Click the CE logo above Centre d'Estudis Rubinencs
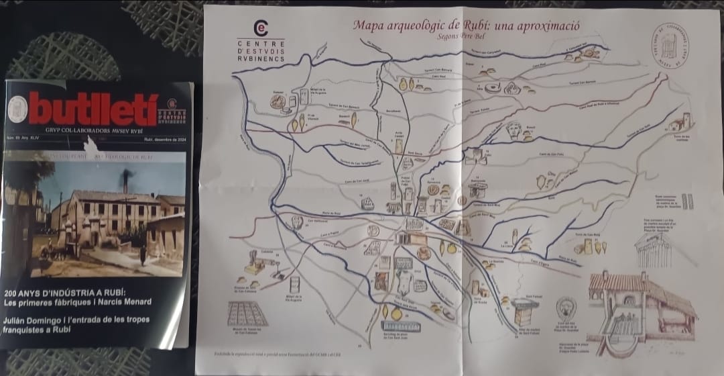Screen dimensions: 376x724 (x=261, y=28)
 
